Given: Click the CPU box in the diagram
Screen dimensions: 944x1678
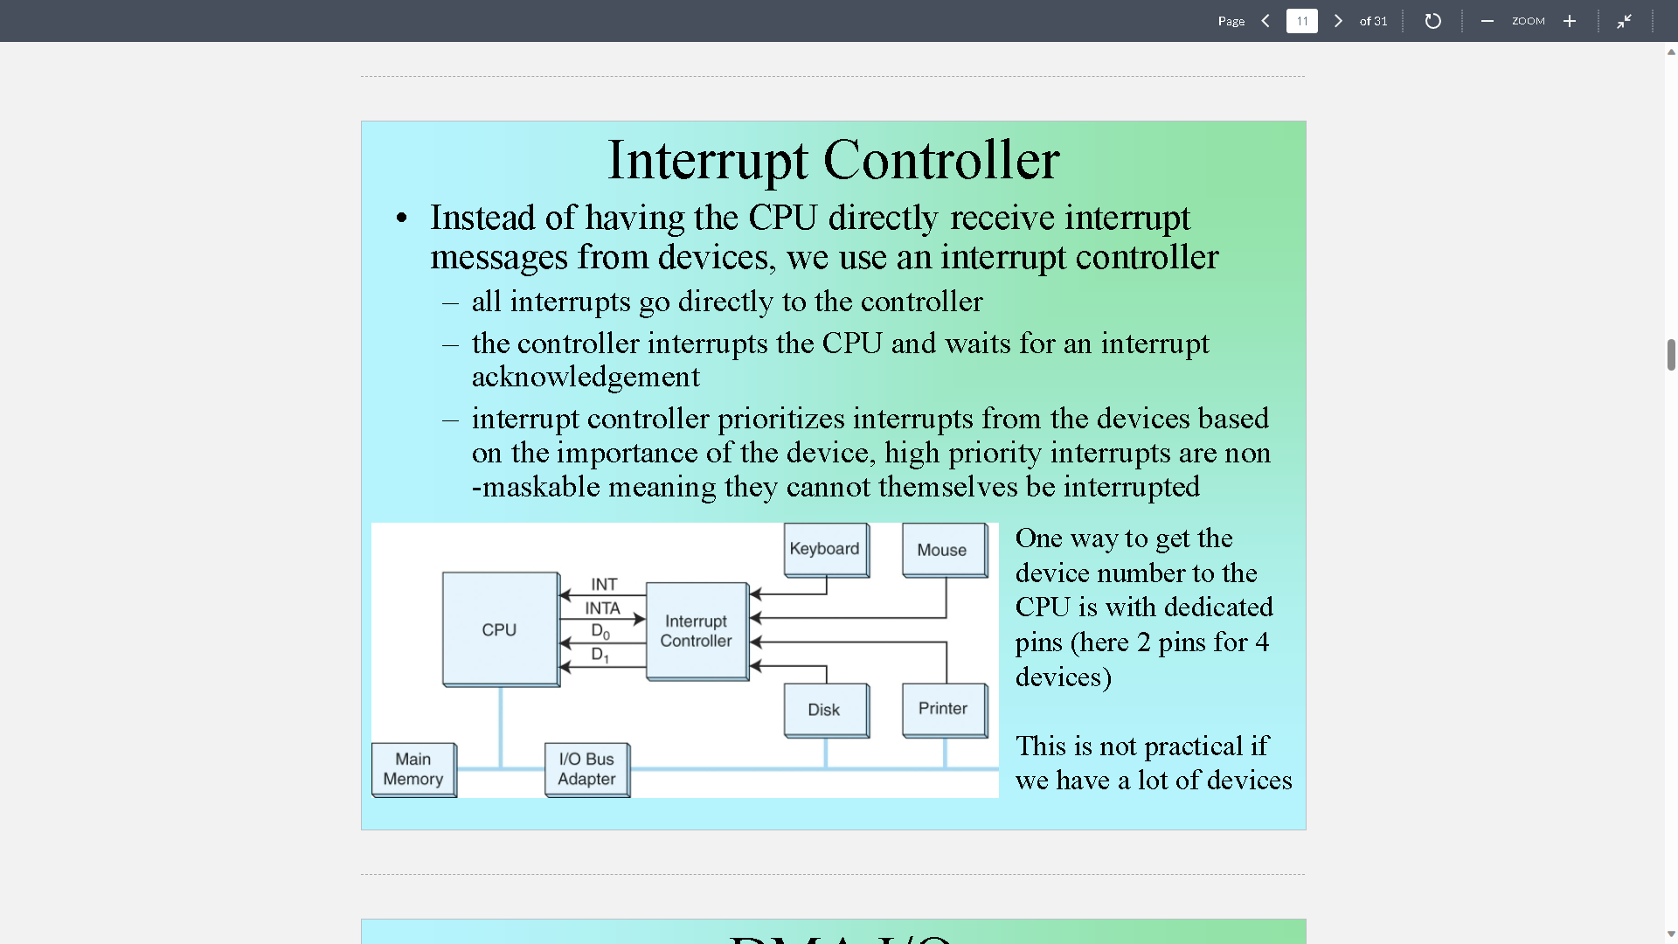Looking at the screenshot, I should click(500, 629).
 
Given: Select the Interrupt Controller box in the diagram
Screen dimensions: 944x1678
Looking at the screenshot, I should click(697, 630).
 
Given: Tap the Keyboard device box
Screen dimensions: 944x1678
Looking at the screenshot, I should click(825, 549).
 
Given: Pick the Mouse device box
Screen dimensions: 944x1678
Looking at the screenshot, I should click(943, 550).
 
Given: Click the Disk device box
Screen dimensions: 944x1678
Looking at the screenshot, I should click(825, 710).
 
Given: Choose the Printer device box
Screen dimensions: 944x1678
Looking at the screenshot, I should click(943, 709).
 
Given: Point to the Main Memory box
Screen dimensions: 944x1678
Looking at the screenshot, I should click(413, 769).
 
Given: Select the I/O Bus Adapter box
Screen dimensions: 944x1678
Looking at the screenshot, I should click(586, 769).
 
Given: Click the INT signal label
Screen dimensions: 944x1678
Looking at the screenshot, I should click(604, 584).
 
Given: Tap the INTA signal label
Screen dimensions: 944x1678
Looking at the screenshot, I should click(603, 608).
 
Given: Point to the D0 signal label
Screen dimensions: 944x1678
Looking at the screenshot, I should click(600, 631).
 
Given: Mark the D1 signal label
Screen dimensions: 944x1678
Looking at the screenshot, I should click(600, 655).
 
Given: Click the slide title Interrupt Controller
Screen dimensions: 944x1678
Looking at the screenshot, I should click(833, 160).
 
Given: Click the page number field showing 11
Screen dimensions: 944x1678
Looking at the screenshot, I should click(1301, 21).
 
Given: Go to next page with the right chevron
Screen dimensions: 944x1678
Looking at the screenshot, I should click(1338, 21).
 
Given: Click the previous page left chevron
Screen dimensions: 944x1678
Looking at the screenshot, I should click(1265, 21).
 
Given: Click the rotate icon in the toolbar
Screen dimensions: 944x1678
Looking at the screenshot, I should click(1432, 21).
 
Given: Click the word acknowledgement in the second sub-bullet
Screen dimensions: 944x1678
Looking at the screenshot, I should click(586, 377).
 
